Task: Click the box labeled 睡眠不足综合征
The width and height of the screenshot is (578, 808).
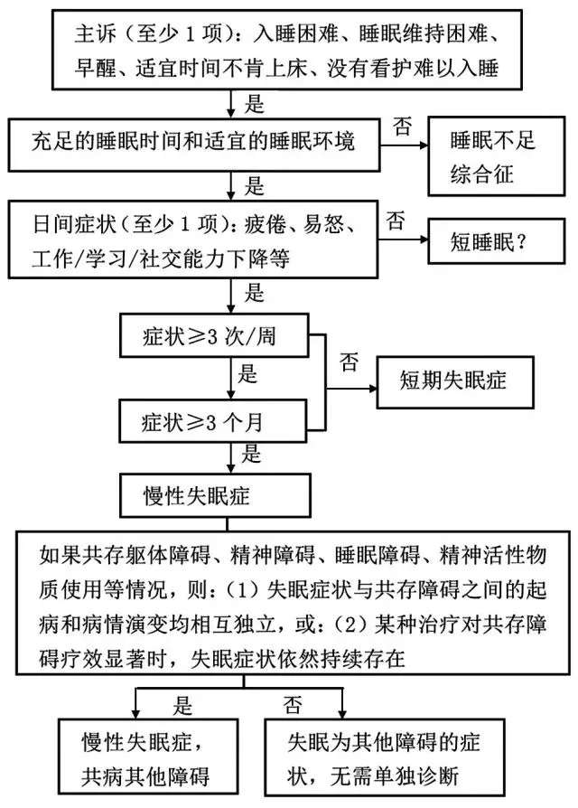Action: point(496,156)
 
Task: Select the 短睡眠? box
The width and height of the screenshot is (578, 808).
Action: point(496,241)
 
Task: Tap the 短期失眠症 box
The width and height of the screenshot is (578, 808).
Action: point(455,381)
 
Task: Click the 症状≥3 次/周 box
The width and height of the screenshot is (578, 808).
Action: point(214,335)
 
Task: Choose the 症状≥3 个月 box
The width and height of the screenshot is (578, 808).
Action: point(213,421)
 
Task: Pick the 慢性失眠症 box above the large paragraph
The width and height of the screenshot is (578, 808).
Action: point(215,495)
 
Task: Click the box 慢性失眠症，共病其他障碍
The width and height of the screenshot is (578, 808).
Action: point(148,756)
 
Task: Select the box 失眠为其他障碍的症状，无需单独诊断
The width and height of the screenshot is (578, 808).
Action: point(385,756)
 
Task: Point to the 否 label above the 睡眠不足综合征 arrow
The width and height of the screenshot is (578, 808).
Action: point(403,127)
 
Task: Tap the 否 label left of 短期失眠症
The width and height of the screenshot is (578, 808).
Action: point(349,362)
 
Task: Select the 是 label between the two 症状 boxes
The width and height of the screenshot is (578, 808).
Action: point(247,374)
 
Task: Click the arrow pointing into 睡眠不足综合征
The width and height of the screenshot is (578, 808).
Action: point(404,146)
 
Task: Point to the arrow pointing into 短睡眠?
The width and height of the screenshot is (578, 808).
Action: point(403,240)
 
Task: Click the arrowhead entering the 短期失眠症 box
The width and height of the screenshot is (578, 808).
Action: point(373,388)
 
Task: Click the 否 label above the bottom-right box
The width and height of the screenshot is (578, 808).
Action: point(293,705)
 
